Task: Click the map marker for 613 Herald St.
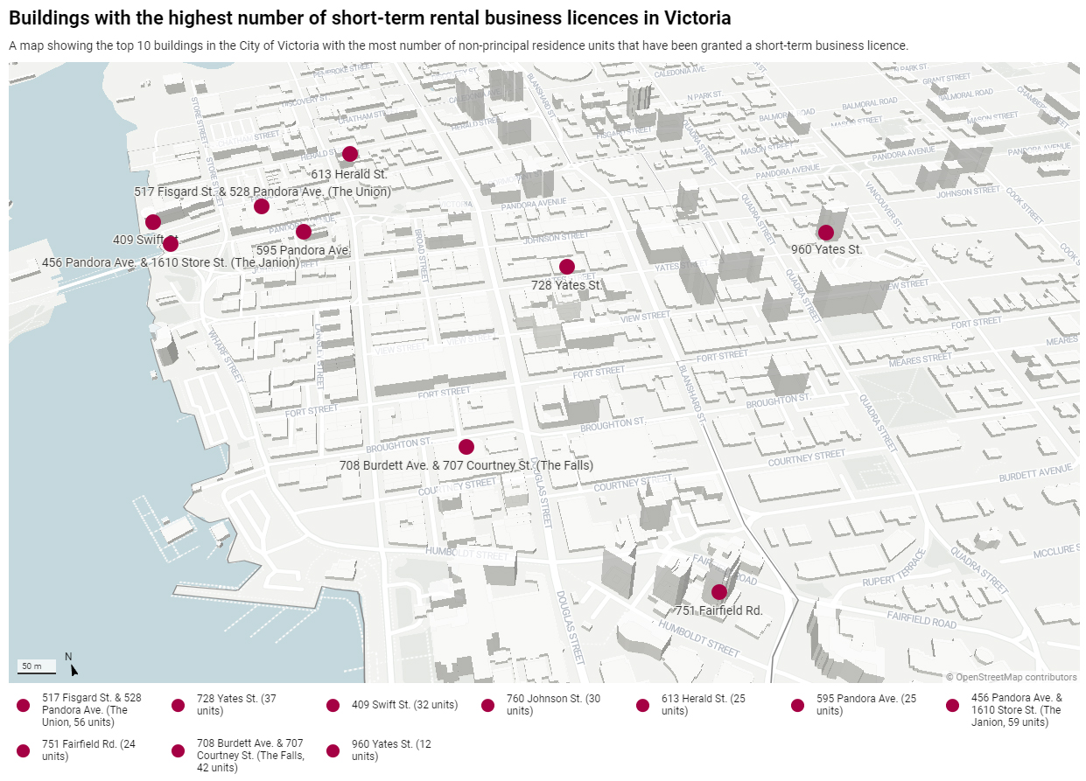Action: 350,154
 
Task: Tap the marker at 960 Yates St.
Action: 825,233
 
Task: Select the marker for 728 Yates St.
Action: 567,267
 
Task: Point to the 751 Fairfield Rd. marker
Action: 719,592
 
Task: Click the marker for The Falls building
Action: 466,447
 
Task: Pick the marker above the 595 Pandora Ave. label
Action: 304,232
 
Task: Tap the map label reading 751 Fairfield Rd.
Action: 719,610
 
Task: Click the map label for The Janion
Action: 171,262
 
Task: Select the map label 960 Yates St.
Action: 826,249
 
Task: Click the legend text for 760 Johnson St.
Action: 553,705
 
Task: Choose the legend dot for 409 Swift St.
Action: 333,706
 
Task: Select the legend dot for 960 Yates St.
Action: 333,750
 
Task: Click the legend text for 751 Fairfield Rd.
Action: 88,750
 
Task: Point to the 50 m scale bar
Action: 37,672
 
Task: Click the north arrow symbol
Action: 74,670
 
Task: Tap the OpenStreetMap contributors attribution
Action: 1011,677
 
